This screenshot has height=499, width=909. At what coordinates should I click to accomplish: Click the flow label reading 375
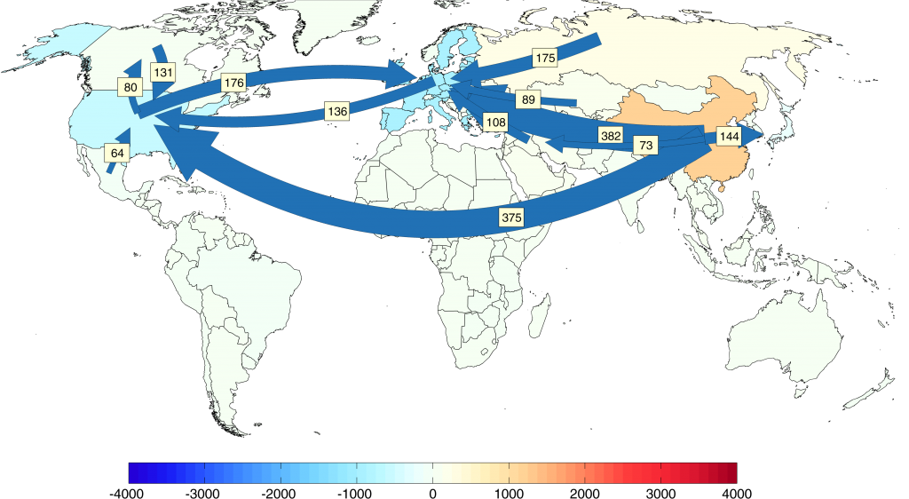point(511,217)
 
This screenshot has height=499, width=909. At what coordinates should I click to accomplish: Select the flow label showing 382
point(611,136)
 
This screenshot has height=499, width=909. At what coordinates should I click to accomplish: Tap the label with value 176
point(233,83)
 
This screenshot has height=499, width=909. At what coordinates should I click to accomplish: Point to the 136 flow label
point(337,111)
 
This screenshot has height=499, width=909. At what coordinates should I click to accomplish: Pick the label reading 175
point(545,59)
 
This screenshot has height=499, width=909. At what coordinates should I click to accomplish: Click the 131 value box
point(162,73)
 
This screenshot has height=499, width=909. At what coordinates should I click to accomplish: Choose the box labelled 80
point(130,87)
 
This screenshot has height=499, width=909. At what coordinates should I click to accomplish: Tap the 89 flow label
point(528,100)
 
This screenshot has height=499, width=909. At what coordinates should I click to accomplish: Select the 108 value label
point(495,121)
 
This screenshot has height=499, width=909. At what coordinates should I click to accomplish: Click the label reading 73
point(645,144)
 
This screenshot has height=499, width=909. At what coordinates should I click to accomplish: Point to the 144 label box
point(729,137)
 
